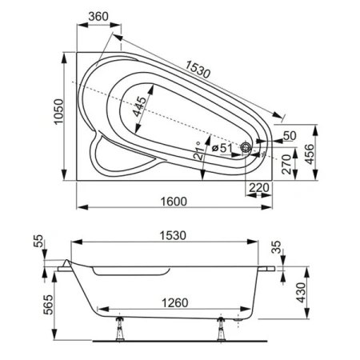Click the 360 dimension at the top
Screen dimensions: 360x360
99,16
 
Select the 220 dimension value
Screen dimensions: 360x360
258,187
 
